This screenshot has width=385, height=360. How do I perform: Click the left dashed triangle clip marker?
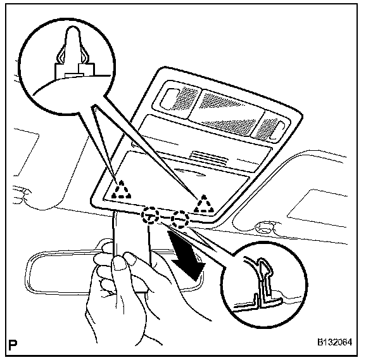click(x=120, y=190)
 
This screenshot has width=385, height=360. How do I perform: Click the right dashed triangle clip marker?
click(x=204, y=203)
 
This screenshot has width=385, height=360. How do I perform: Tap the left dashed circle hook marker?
click(x=151, y=215)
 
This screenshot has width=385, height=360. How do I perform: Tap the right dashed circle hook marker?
click(x=180, y=220)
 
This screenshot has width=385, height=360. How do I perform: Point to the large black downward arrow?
click(x=188, y=258)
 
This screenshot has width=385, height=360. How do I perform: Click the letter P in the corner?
click(x=13, y=346)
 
